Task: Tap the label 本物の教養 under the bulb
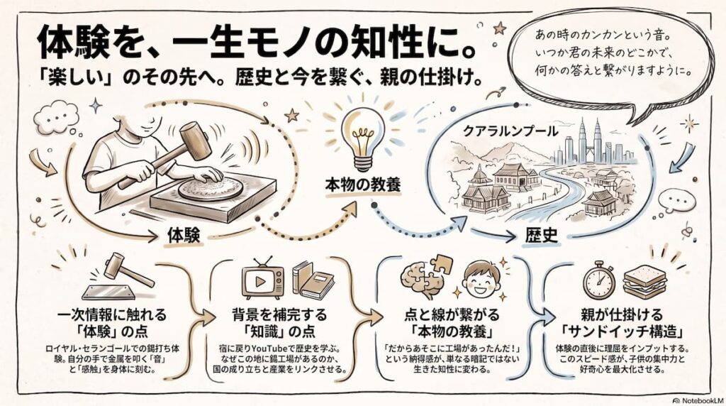[x=362, y=185]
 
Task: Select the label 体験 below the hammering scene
[x=184, y=236]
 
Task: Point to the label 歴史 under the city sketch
[x=541, y=236]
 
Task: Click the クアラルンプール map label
[x=510, y=131]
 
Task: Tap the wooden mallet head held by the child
[x=195, y=141]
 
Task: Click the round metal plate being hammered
[x=211, y=189]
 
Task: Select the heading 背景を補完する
[x=279, y=316]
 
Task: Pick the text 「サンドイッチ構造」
[x=622, y=332]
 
